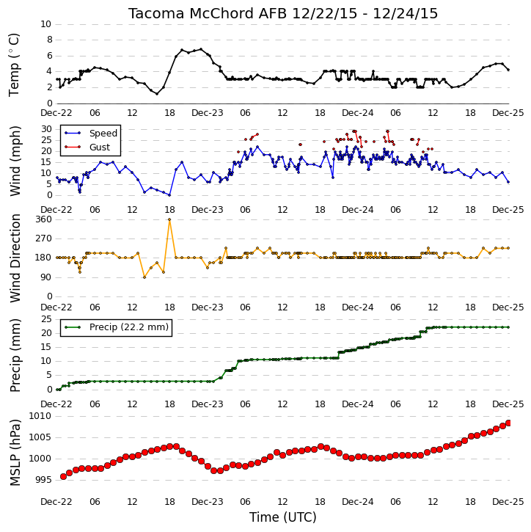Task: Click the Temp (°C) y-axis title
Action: [14, 65]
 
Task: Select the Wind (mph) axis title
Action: [15, 161]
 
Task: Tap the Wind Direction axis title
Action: [15, 258]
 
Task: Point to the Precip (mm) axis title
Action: [15, 355]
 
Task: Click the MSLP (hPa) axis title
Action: [15, 452]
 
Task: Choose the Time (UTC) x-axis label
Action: [283, 517]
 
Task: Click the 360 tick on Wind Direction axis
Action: [44, 219]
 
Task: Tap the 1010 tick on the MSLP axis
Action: [40, 416]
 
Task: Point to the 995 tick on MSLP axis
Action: [44, 480]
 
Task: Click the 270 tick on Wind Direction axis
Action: [44, 238]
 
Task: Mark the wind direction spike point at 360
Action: [169, 219]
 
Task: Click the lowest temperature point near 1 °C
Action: [157, 94]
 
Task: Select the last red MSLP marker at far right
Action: [508, 423]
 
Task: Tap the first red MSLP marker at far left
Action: [63, 477]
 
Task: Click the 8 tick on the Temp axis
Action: [50, 40]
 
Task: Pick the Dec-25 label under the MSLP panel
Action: [508, 501]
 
